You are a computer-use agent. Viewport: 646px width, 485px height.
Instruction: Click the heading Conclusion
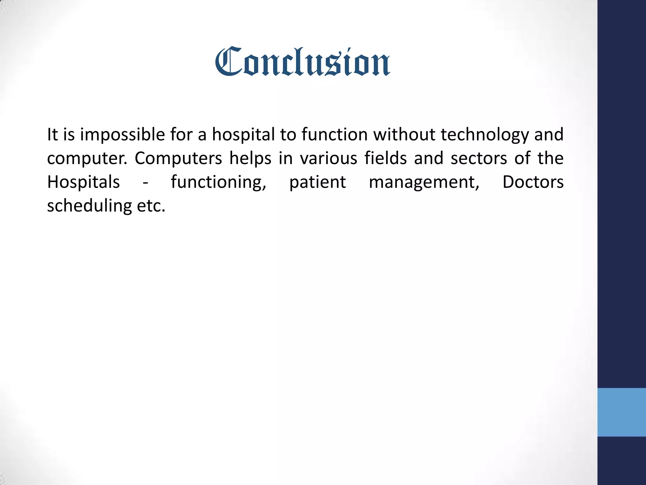coord(302,62)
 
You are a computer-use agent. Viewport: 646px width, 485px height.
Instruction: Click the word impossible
coord(122,135)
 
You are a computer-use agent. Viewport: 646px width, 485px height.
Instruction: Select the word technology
coord(484,135)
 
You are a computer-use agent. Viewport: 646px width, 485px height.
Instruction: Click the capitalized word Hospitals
coord(83,182)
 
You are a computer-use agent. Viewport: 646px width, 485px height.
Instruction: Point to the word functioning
coord(219,183)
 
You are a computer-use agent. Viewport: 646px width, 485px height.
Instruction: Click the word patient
coord(317,183)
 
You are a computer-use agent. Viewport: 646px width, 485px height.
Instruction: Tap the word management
coord(424,183)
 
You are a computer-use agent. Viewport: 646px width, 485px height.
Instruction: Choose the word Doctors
coord(533,182)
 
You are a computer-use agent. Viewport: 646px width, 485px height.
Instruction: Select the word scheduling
coord(89,206)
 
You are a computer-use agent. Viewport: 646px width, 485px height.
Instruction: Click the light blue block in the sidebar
coord(621,412)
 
